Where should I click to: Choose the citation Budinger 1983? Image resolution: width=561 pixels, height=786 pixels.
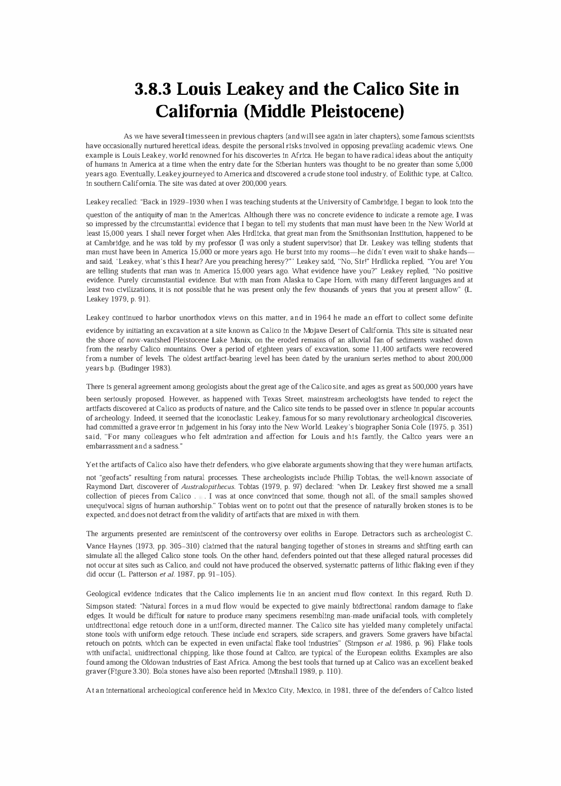coord(145,368)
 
